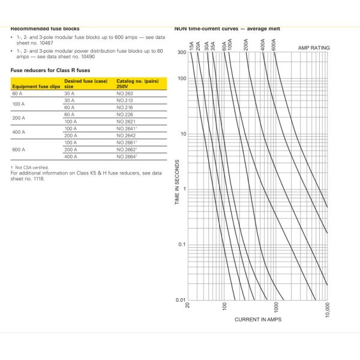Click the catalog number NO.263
coord(124,94)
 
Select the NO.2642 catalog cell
coord(125,136)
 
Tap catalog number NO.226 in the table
coord(124,115)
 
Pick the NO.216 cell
coord(124,107)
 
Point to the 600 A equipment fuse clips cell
coord(18,149)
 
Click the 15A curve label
coord(191,46)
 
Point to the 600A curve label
coord(273,45)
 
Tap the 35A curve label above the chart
coord(214,45)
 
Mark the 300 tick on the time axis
coord(181,52)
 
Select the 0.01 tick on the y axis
coord(180,299)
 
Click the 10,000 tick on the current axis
coord(326,311)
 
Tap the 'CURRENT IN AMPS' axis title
coord(258,319)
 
